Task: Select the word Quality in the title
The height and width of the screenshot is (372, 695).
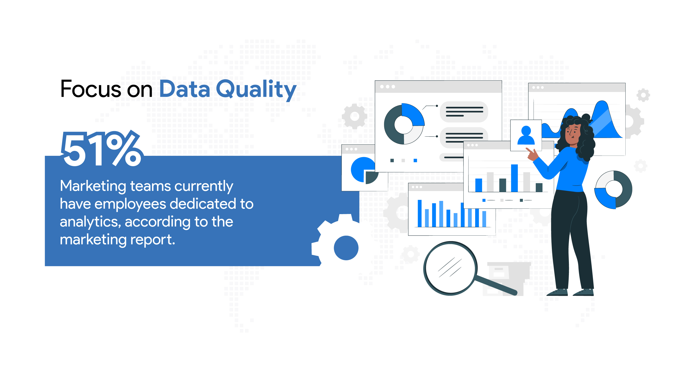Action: pyautogui.click(x=256, y=90)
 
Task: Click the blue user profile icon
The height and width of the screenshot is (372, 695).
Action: pyautogui.click(x=526, y=135)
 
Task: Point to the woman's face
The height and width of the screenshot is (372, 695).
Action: pyautogui.click(x=573, y=134)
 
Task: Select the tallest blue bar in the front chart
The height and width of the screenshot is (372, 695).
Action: pyautogui.click(x=514, y=178)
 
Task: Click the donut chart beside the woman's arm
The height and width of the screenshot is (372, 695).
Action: pyautogui.click(x=613, y=190)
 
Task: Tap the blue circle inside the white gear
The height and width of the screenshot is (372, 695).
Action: pyautogui.click(x=346, y=248)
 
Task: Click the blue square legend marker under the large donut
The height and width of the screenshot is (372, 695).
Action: pyautogui.click(x=415, y=160)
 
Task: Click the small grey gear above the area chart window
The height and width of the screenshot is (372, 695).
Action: pyautogui.click(x=643, y=95)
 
